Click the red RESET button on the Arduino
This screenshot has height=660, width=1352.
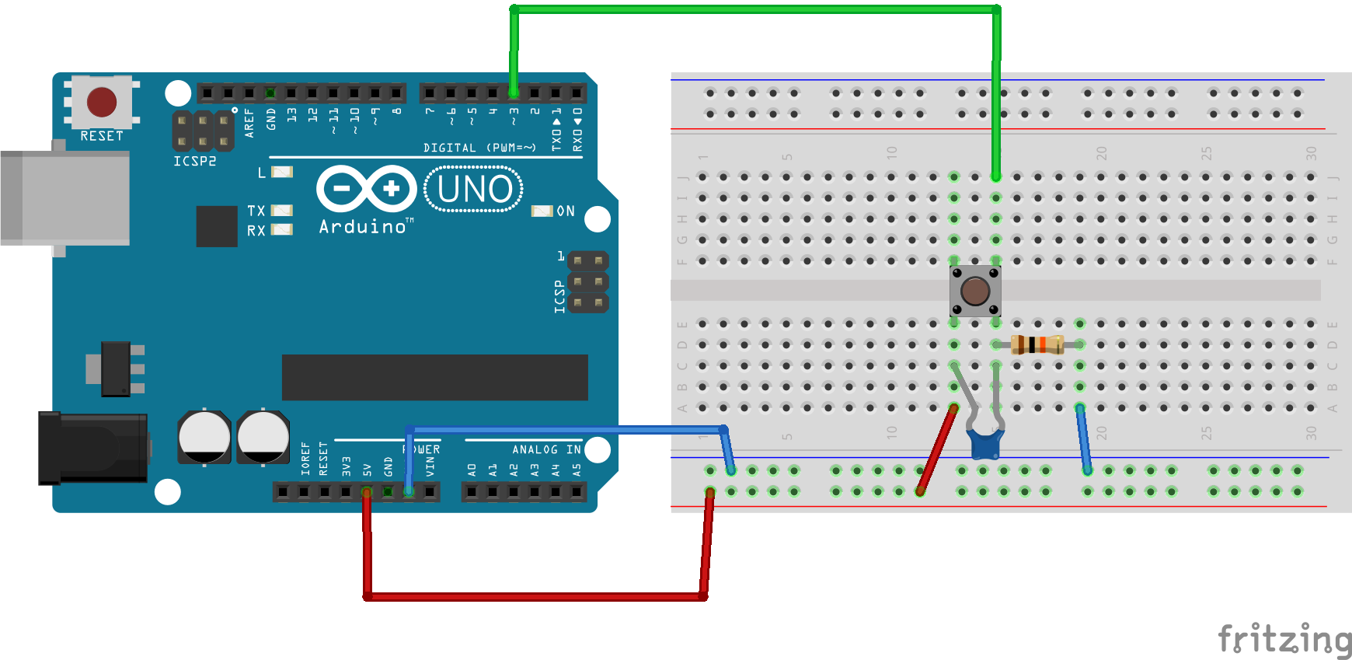tap(102, 102)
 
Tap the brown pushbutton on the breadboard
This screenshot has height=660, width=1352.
tap(975, 292)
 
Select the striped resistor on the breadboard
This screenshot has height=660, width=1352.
tap(1037, 344)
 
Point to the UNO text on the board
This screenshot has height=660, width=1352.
tap(475, 189)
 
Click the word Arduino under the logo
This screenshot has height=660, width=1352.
tap(363, 227)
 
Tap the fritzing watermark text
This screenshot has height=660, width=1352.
tap(1284, 640)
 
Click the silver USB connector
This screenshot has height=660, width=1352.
tap(65, 198)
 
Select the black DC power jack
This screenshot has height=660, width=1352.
tap(93, 448)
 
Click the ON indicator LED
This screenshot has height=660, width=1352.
tap(542, 211)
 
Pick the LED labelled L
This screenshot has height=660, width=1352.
tap(282, 172)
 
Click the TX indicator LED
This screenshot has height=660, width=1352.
tap(281, 211)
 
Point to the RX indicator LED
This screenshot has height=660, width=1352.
tap(281, 230)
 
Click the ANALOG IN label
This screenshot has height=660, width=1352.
tap(546, 449)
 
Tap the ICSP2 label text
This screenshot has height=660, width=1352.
tap(194, 161)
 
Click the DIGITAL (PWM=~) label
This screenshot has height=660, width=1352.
tap(479, 148)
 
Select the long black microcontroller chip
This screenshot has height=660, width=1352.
tap(434, 378)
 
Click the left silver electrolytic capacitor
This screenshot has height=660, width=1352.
tap(204, 437)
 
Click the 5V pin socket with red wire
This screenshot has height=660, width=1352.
tap(367, 491)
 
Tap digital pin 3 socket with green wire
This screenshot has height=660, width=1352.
tap(514, 93)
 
